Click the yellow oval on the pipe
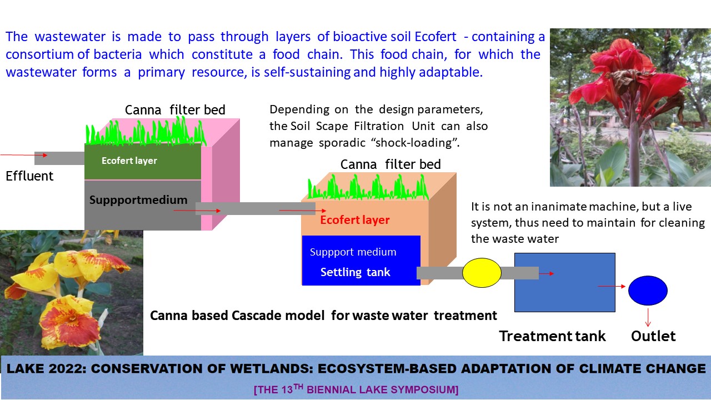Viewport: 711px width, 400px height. pos(482,272)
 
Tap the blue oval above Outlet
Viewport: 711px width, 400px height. pos(648,290)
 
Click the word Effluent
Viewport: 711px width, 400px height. pos(29,176)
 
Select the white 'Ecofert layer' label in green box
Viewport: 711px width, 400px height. pos(129,161)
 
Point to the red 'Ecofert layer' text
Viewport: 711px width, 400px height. pos(355,220)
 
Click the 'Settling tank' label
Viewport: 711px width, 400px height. pos(355,272)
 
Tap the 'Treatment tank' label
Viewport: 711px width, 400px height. pos(552,336)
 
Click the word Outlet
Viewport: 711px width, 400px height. pos(653,336)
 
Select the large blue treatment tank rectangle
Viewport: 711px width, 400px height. pos(564,282)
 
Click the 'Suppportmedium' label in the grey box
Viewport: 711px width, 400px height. pos(138,200)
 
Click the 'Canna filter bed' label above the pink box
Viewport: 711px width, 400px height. pos(175,110)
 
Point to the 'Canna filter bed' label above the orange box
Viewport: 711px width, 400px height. pos(390,164)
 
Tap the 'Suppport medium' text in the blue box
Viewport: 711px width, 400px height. pos(353,252)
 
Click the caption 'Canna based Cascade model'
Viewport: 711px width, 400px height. pos(238,316)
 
